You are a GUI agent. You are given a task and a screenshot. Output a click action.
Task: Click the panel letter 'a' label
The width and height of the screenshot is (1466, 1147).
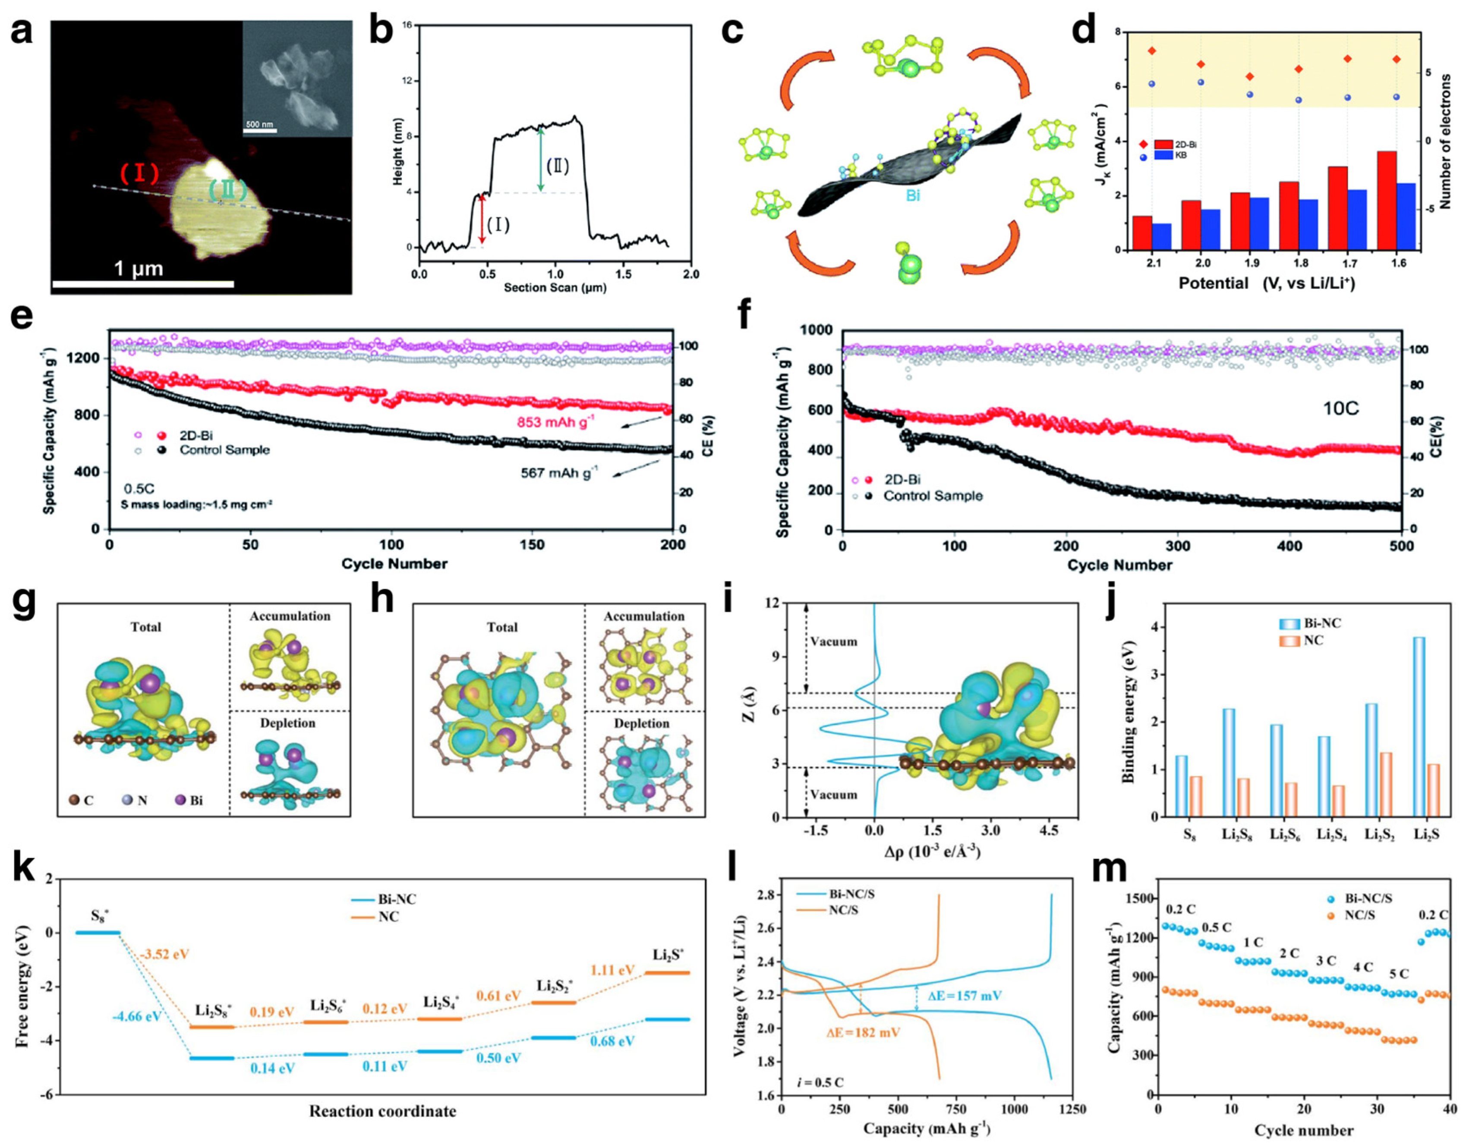[22, 32]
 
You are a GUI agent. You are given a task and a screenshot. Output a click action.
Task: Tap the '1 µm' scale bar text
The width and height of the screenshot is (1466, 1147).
[139, 269]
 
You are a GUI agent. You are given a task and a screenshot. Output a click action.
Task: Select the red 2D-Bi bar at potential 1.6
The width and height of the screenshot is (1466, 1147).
[1387, 200]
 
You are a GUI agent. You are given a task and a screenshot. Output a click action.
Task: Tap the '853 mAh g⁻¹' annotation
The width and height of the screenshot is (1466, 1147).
[555, 422]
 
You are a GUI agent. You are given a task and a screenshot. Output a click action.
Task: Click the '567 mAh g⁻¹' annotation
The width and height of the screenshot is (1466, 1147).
[559, 474]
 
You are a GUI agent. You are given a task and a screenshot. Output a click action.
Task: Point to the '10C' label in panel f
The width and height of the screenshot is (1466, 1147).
[1340, 409]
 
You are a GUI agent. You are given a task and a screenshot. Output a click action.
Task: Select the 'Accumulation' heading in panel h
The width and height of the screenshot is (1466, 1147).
[643, 616]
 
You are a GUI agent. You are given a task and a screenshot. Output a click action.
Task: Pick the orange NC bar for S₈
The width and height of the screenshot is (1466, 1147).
[1196, 796]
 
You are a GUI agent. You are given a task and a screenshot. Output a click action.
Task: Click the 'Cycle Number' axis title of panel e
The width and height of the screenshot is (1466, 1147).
[394, 563]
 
